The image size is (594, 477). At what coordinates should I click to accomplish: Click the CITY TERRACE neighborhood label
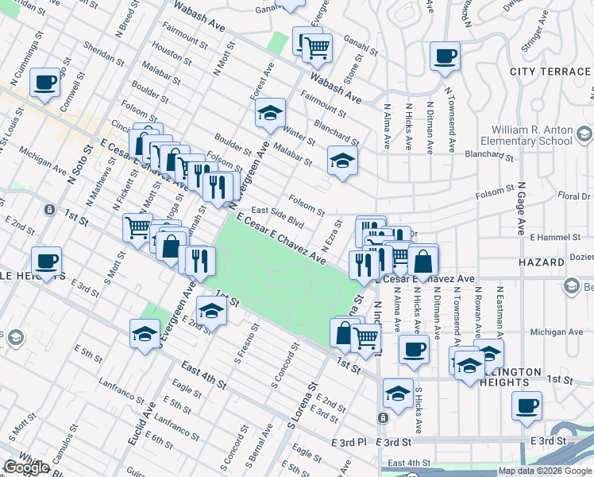tap(550, 72)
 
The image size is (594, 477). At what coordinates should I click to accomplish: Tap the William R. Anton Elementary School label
tap(531, 135)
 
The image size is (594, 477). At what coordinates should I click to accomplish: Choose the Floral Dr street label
tap(574, 195)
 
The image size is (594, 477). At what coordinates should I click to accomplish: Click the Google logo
tap(26, 467)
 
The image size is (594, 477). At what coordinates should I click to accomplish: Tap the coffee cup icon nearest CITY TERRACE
tap(445, 56)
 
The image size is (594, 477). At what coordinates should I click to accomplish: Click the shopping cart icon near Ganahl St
tap(317, 48)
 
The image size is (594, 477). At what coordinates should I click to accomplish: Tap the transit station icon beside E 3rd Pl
tap(384, 417)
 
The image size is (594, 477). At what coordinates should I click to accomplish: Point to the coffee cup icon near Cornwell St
tap(45, 83)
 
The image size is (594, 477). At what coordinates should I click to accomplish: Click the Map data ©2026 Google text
tap(545, 471)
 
